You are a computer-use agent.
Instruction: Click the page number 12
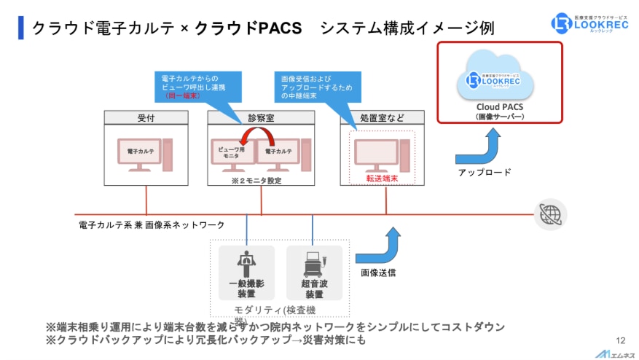[621, 340]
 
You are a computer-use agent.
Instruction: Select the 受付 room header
[146, 118]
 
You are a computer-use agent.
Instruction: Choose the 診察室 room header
[261, 118]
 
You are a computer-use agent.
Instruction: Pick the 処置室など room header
[383, 118]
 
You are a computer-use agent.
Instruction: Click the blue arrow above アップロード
[478, 146]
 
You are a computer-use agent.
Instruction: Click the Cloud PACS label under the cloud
[499, 106]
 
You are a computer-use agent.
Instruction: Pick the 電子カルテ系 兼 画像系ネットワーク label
[152, 225]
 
